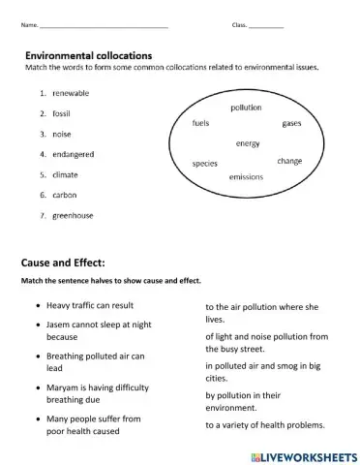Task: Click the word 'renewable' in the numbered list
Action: pyautogui.click(x=71, y=93)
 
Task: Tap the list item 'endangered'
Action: pyautogui.click(x=75, y=154)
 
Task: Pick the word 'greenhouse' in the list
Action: pyautogui.click(x=73, y=215)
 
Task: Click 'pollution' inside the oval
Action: pyautogui.click(x=246, y=108)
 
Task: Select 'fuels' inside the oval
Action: pyautogui.click(x=201, y=123)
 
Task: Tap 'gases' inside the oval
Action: pyautogui.click(x=291, y=124)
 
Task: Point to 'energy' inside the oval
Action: pyautogui.click(x=248, y=143)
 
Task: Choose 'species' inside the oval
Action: pyautogui.click(x=204, y=164)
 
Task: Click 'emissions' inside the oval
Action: pyautogui.click(x=246, y=177)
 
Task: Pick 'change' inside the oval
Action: pyautogui.click(x=289, y=161)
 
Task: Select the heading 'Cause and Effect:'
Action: pyautogui.click(x=62, y=263)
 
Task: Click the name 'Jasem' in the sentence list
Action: pyautogui.click(x=59, y=328)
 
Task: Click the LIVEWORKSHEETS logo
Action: pyautogui.click(x=303, y=453)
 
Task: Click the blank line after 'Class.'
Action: pyautogui.click(x=266, y=24)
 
